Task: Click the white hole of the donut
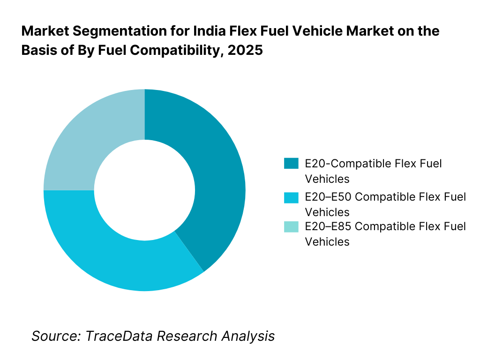(x=144, y=190)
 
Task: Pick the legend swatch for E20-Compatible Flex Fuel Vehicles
(x=291, y=164)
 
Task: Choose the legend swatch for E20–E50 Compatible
(x=291, y=197)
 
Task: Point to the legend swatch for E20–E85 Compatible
(x=291, y=227)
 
